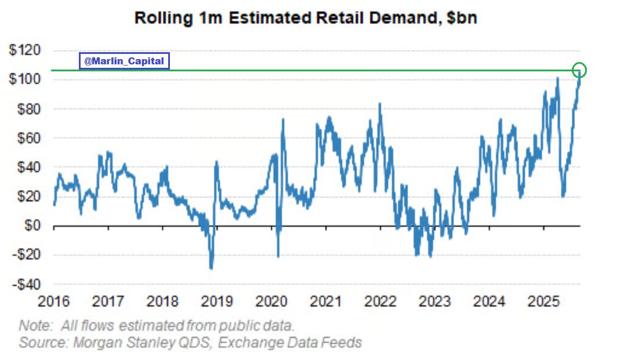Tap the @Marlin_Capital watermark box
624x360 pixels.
124,61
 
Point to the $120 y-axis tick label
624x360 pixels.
24,50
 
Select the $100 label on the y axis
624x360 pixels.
24,79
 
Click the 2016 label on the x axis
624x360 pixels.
53,302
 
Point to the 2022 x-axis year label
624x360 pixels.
380,302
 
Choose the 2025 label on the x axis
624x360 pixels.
543,302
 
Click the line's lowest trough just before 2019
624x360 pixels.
211,268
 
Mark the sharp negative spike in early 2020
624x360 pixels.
278,256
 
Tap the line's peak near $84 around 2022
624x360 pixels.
380,104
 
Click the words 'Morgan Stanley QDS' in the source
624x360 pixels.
143,342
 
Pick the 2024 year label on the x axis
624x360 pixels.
489,302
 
